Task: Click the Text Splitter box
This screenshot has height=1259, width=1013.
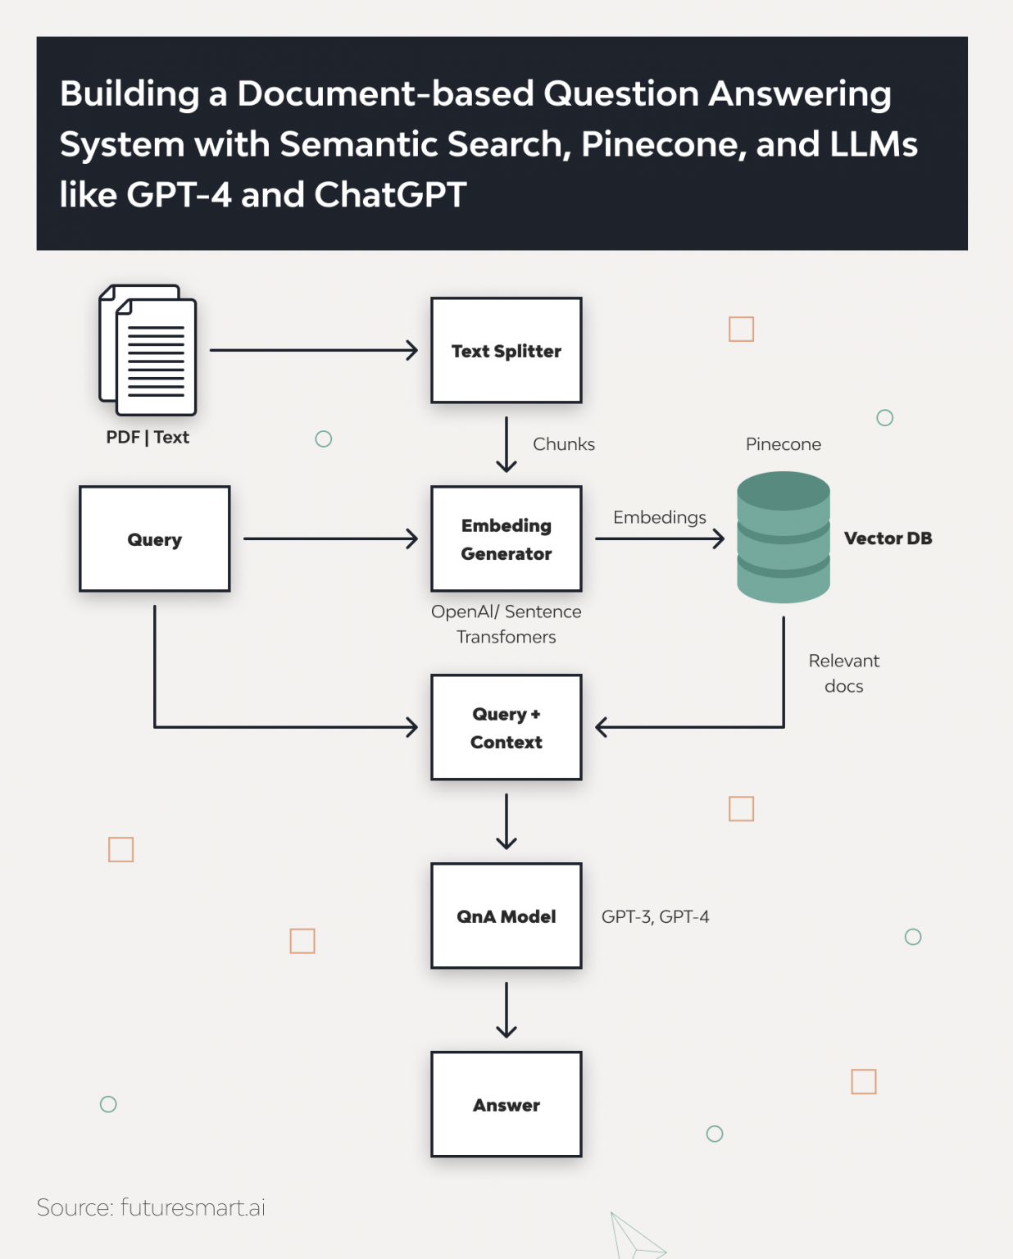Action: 506,350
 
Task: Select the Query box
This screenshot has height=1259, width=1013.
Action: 155,539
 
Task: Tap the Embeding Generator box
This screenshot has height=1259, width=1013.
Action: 506,539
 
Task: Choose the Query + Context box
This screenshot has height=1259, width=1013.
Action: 506,727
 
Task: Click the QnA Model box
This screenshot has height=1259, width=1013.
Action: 506,916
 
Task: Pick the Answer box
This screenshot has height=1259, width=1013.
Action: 506,1104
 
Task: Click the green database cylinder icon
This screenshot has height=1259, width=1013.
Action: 784,537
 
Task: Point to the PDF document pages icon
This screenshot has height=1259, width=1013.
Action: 148,350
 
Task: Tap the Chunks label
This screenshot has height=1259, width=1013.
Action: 564,444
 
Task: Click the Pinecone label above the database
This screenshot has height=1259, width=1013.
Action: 784,444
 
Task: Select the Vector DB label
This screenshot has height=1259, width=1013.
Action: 888,539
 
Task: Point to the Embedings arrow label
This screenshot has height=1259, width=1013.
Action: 660,517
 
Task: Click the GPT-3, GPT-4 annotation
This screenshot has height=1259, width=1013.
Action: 656,916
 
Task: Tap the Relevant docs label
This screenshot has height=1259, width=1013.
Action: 844,673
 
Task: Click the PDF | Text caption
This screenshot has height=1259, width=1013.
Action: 148,437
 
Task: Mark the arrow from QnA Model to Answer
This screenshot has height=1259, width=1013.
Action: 506,1010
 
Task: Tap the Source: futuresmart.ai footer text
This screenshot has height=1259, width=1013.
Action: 151,1207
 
